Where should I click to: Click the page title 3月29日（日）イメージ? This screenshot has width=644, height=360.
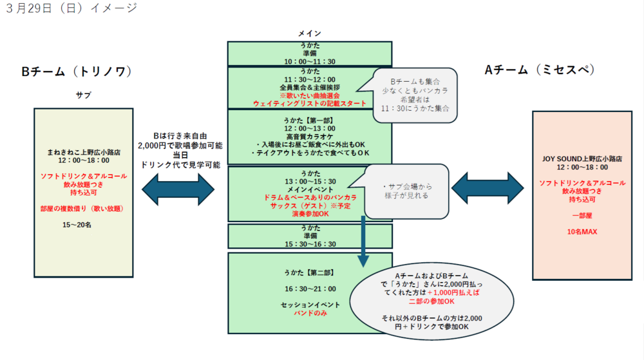point(71,8)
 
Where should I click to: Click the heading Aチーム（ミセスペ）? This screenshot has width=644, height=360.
point(548,70)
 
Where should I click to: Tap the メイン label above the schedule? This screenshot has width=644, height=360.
point(309,33)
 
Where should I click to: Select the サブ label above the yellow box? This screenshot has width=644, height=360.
point(83,95)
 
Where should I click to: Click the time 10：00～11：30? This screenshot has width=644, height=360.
point(309,61)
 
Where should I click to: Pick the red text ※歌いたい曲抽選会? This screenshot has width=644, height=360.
point(309,95)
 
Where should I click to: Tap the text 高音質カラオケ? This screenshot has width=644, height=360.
point(309,137)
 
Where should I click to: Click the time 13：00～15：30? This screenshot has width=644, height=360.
point(309,181)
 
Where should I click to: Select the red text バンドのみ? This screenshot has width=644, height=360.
point(309,312)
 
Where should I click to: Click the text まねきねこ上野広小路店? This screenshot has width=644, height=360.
point(83,152)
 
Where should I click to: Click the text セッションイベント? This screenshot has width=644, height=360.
point(309,303)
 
